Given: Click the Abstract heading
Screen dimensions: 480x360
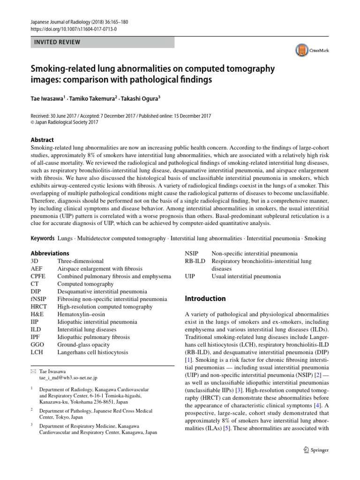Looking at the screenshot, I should click(42, 140).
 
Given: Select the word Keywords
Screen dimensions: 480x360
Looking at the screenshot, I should click(43, 239).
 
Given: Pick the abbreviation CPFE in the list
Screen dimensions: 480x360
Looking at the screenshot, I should click(38, 276).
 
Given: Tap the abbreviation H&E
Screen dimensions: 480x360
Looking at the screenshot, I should click(37, 314).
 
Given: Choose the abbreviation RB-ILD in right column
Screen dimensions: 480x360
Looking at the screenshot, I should click(195, 261).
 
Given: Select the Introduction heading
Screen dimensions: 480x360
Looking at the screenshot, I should click(205, 299).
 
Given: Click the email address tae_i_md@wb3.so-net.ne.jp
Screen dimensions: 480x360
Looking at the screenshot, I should click(68, 377).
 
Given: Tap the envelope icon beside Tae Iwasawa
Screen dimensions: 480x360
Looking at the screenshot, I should click(32, 370).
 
